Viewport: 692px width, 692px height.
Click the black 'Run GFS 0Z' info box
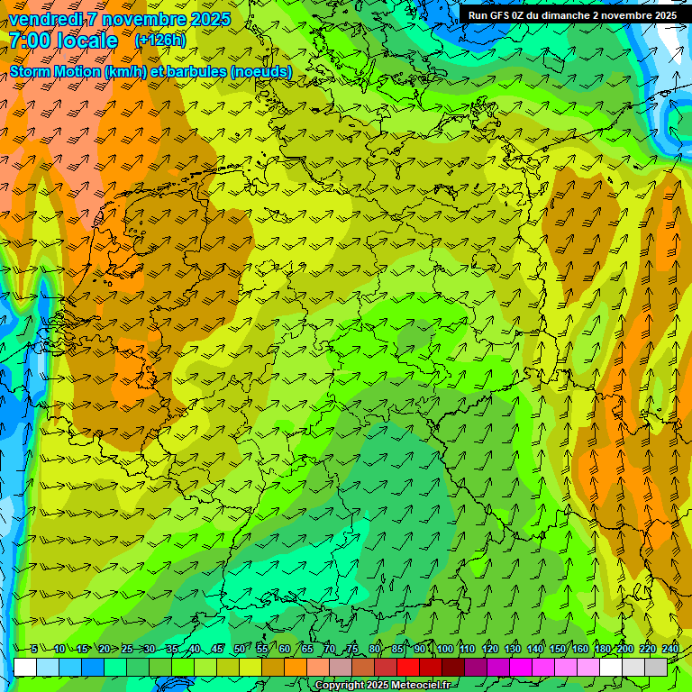click(573, 15)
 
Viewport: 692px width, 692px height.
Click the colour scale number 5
click(33, 650)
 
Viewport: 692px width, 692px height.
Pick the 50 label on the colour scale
click(239, 650)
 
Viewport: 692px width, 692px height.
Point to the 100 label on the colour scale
click(444, 650)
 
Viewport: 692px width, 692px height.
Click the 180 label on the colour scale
click(603, 650)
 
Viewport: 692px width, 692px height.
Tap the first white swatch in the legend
click(25, 667)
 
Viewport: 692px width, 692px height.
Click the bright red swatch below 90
click(408, 667)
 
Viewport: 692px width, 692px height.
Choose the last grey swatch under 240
click(656, 667)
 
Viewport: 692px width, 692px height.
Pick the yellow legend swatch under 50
click(228, 667)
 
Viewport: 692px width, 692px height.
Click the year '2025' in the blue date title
click(210, 19)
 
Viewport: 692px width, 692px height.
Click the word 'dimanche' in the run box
click(567, 15)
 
